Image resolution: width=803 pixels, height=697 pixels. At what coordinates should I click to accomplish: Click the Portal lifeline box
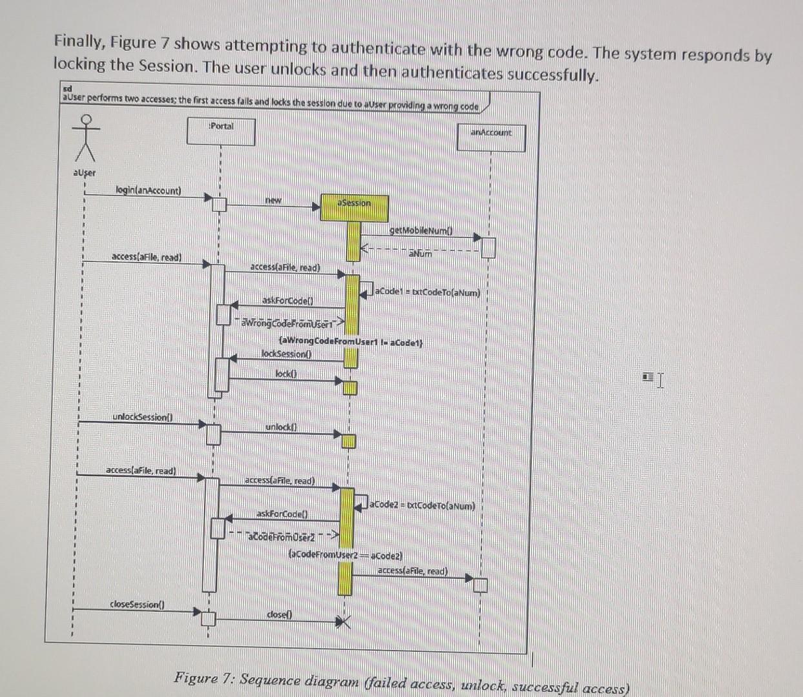[x=221, y=131]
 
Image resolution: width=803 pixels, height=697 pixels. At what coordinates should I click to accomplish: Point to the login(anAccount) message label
[x=148, y=190]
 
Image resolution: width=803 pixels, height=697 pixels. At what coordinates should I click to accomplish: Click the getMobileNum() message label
[x=422, y=230]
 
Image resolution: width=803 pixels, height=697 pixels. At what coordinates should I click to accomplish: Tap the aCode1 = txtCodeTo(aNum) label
[x=429, y=292]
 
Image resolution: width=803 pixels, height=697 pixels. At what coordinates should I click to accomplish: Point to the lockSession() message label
[x=287, y=353]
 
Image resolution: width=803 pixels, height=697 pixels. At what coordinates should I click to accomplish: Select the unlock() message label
[x=281, y=427]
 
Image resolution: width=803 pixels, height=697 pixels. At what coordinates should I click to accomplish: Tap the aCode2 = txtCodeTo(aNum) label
[x=423, y=506]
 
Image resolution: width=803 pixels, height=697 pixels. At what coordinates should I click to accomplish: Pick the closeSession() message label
[x=137, y=604]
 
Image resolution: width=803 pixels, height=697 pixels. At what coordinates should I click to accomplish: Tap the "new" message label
[x=274, y=200]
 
